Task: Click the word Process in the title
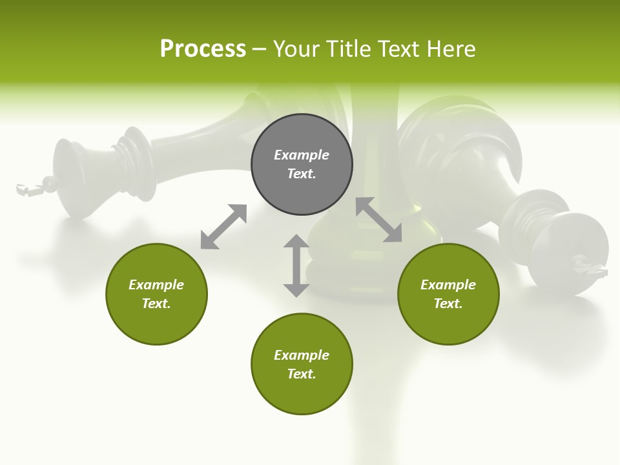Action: (203, 49)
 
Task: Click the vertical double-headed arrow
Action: (296, 265)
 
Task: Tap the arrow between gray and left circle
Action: (223, 226)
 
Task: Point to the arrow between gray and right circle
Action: (378, 220)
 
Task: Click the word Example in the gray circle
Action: (302, 155)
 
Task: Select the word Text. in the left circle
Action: (156, 304)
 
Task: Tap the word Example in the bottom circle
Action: (302, 355)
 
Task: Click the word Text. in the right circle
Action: (448, 304)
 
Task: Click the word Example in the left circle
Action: (156, 285)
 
